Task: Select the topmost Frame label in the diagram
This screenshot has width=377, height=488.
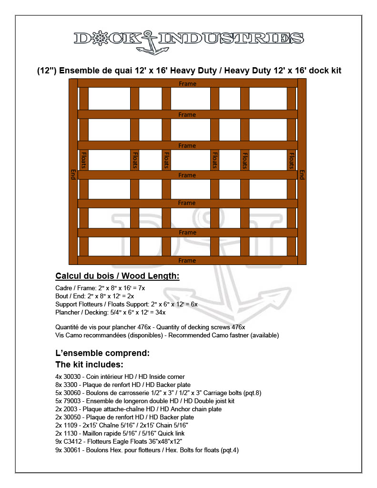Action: pyautogui.click(x=187, y=84)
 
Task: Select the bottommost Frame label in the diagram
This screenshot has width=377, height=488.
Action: pyautogui.click(x=187, y=261)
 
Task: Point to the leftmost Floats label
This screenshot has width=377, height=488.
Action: pyautogui.click(x=84, y=160)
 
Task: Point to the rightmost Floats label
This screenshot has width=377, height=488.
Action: pyautogui.click(x=291, y=160)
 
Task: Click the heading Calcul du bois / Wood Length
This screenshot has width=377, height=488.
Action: pyautogui.click(x=117, y=276)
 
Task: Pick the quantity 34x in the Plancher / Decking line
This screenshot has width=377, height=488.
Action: pyautogui.click(x=160, y=313)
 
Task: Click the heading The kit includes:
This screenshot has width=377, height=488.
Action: pyautogui.click(x=90, y=365)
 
